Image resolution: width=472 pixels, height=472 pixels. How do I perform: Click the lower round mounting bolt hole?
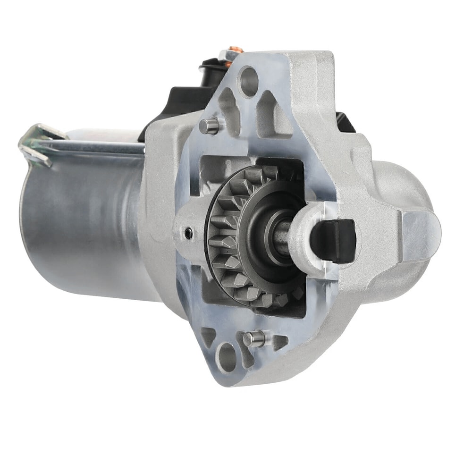pyautogui.click(x=227, y=354)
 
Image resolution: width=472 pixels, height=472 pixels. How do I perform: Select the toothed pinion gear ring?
pyautogui.click(x=227, y=236)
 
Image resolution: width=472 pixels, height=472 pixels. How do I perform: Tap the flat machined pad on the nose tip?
pyautogui.click(x=420, y=236)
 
